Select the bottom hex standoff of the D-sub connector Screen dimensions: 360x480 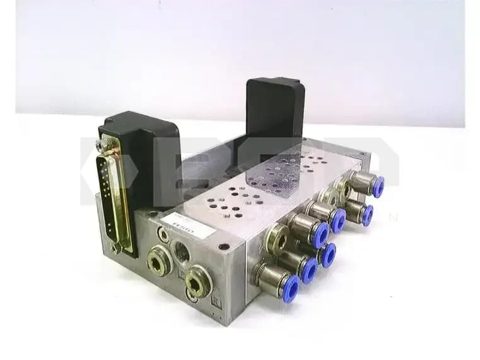pyautogui.click(x=115, y=248)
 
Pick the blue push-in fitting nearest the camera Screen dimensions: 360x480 pyautogui.click(x=291, y=287)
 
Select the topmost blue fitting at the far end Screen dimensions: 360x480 pyautogui.click(x=377, y=187)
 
